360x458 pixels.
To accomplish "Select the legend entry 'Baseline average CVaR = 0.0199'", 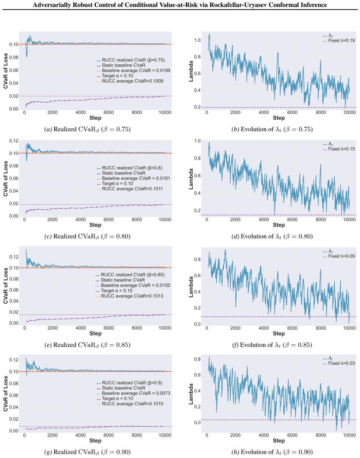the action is (133, 71).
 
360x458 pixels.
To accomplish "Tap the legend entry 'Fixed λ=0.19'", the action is (339, 41).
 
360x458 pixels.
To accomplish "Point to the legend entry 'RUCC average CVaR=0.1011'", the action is (130, 189).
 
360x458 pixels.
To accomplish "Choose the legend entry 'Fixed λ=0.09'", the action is (339, 256).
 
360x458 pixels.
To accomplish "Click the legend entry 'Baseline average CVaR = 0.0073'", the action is (133, 393).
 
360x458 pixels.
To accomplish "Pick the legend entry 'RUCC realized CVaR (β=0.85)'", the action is (130, 275).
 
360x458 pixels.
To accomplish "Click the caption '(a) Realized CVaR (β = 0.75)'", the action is (87, 129).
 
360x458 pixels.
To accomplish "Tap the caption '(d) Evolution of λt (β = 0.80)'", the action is (272, 236).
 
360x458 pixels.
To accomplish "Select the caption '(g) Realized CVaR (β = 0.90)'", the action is (87, 452).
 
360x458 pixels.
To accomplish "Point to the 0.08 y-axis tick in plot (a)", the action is (14, 57).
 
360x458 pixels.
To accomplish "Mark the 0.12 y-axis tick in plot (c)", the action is (14, 141).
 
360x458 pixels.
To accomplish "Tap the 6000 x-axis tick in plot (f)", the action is (292, 328).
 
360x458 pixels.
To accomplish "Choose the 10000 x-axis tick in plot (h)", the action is (349, 435).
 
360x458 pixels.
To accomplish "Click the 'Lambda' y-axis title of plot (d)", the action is (191, 179).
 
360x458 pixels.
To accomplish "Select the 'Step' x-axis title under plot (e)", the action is (95, 333).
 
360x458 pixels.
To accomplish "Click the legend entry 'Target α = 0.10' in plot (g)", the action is (115, 398).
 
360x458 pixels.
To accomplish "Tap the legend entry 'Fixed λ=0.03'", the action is (339, 363).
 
